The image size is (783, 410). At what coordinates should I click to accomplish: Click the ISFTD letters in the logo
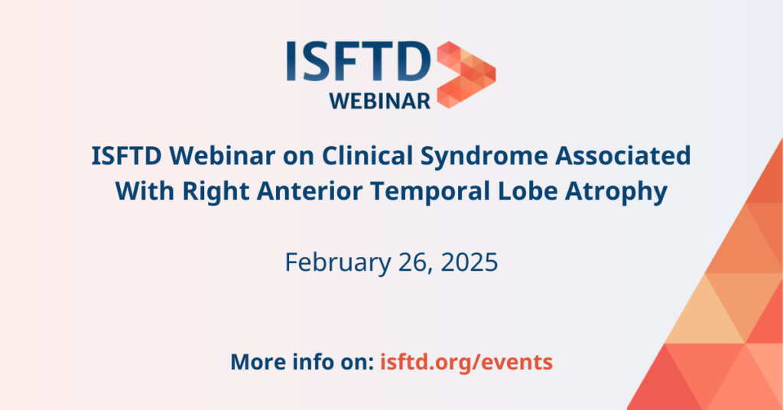pyautogui.click(x=359, y=61)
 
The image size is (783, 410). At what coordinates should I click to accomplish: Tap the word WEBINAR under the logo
pyautogui.click(x=380, y=101)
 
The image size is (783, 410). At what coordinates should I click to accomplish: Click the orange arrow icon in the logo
pyautogui.click(x=466, y=75)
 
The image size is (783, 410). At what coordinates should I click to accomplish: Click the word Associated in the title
pyautogui.click(x=623, y=156)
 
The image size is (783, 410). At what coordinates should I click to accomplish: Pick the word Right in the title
pyautogui.click(x=216, y=192)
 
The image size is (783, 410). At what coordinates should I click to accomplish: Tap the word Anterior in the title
pyautogui.click(x=310, y=191)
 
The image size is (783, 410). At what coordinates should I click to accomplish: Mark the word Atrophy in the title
pyautogui.click(x=616, y=192)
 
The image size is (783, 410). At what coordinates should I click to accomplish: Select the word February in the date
pyautogui.click(x=338, y=262)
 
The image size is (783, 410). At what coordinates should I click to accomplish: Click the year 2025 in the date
pyautogui.click(x=469, y=262)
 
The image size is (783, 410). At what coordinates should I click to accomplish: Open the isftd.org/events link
pyautogui.click(x=466, y=362)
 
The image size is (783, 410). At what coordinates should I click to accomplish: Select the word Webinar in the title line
pyautogui.click(x=223, y=156)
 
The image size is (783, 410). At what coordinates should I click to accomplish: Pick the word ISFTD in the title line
pyautogui.click(x=126, y=156)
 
